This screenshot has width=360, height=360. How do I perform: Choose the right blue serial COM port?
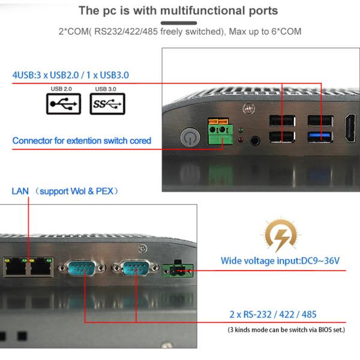click(x=136, y=268)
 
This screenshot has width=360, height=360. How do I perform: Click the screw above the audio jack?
click(x=245, y=109)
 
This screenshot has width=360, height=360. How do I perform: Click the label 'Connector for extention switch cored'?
click(x=82, y=141)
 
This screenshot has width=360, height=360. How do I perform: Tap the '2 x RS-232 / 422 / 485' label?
click(x=273, y=314)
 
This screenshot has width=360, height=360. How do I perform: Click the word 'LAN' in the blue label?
click(x=20, y=191)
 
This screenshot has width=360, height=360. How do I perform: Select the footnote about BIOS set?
click(x=286, y=330)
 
